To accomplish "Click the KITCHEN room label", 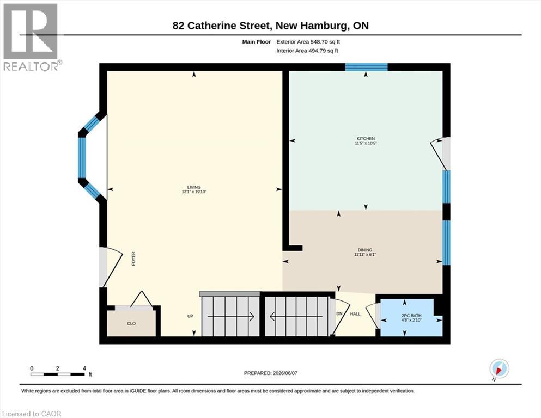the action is (366, 139).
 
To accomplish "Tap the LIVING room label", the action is (194, 187).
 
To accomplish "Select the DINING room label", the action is (365, 250).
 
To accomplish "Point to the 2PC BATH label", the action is (411, 316).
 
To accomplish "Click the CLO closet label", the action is (131, 324).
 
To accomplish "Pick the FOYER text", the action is (133, 259).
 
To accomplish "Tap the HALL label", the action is (355, 314).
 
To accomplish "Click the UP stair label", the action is (190, 316).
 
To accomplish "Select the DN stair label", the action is (339, 314).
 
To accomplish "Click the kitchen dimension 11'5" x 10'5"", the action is (366, 143).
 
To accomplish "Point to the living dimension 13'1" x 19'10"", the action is (194, 192).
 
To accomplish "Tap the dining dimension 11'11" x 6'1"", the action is (365, 255).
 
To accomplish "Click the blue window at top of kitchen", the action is (367, 67).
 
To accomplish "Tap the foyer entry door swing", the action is (111, 267).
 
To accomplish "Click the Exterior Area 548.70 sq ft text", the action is (308, 42).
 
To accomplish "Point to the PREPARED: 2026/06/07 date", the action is (270, 373).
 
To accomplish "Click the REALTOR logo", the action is (32, 37).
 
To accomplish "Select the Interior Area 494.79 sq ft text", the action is (307, 51).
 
